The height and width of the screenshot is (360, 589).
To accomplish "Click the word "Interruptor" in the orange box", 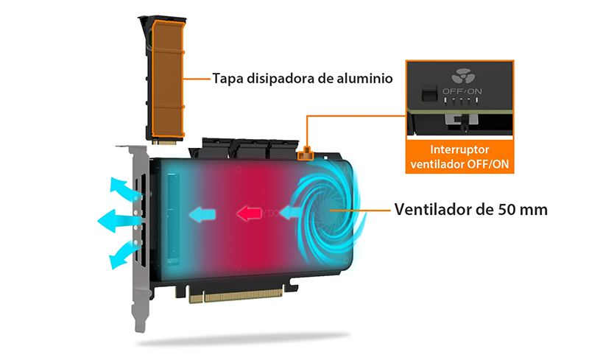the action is point(459,149).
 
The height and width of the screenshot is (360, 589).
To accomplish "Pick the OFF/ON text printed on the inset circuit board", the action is point(462,91).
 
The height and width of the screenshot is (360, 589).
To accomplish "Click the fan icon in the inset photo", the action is point(463,76).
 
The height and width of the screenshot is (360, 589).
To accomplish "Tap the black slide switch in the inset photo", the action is point(429,93).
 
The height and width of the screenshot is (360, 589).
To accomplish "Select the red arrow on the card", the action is point(249,213).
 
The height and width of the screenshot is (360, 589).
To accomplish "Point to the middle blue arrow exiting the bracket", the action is point(119,221).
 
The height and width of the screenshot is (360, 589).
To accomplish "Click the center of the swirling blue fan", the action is point(329,211).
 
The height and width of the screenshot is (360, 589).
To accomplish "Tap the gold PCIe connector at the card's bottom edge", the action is point(236,295).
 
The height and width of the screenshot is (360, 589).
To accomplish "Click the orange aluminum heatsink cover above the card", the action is point(168,79).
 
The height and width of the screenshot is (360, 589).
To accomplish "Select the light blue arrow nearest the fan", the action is point(290,212).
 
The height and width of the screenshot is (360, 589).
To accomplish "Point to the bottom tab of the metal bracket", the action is point(140,320).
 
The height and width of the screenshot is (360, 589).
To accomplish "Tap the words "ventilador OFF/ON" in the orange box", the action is point(459,164).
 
